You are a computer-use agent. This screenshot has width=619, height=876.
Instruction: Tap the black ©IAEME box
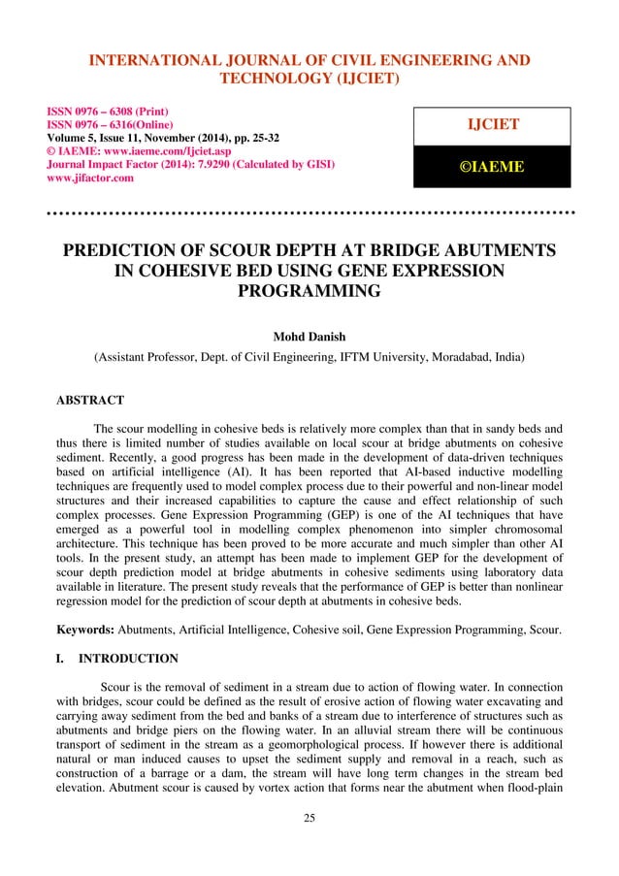491,168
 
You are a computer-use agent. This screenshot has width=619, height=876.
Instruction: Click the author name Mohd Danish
309,338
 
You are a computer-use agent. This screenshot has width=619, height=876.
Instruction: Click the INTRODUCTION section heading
129,659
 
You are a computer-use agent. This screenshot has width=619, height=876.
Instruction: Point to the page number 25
309,845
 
